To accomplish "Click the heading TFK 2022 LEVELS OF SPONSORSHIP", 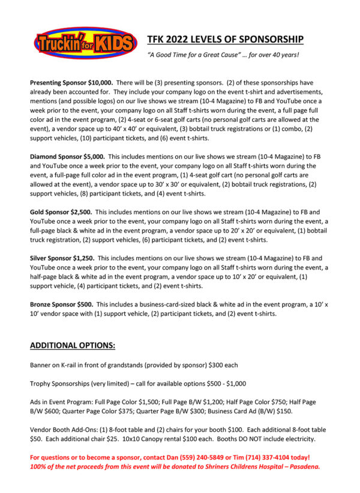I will tap(225, 40).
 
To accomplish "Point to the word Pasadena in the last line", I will tap(301, 467).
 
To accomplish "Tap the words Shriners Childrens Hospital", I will tap(236, 467).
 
